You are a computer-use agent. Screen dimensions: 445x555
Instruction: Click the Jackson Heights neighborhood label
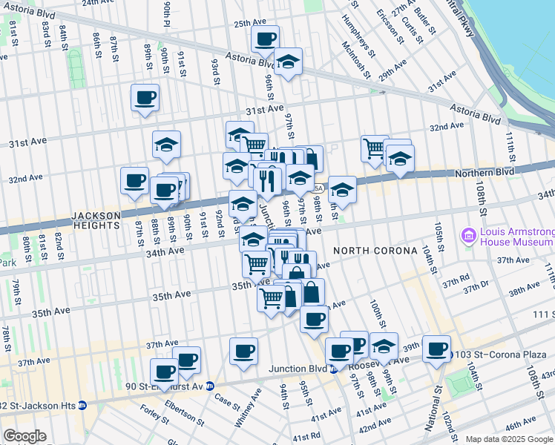pos(96,220)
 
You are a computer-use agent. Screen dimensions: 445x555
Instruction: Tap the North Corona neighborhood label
pos(375,251)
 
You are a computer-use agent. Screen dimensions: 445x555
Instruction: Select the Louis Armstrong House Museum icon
pos(468,237)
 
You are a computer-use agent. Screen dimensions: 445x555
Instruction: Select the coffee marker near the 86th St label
pos(145,97)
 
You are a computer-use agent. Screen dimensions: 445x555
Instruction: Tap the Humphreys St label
pos(361,35)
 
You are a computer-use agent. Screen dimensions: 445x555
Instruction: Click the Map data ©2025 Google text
pos(509,439)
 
